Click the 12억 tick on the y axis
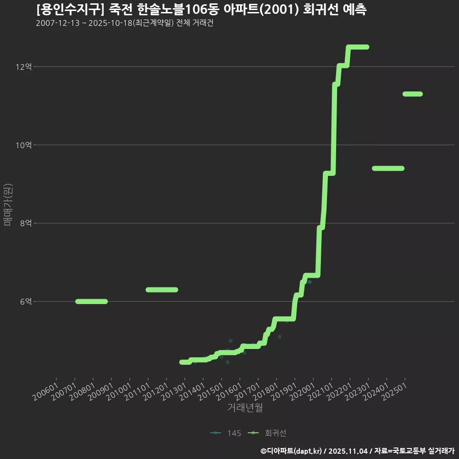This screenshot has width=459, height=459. pos(24,67)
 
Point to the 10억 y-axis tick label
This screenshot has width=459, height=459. pos(24,145)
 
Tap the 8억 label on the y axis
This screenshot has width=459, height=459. pos(26,223)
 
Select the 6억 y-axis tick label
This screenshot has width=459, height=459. pos(26,302)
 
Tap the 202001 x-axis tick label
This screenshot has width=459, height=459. pos(302,392)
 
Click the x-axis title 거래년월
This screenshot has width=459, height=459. pos(245,407)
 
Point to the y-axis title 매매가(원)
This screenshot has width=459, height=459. pos(8,205)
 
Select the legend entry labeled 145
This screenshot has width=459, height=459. pos(226,433)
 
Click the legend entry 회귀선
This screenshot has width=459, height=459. pos(267,433)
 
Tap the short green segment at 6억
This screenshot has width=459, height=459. pos(92,302)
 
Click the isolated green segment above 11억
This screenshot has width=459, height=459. pos(413,94)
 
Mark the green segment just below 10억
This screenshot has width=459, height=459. pos(388,168)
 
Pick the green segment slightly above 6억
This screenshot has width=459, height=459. pos(162,290)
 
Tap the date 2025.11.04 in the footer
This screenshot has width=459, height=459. pos(348,451)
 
